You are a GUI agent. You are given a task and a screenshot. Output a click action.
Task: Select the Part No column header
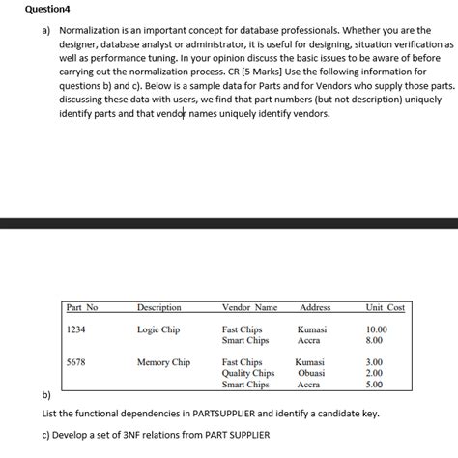click(x=82, y=308)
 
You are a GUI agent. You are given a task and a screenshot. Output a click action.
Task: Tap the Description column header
click(x=158, y=308)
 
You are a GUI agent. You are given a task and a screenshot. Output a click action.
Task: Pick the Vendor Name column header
click(x=249, y=308)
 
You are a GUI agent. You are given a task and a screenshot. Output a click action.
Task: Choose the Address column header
click(x=315, y=308)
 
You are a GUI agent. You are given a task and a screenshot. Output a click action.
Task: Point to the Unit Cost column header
click(x=385, y=308)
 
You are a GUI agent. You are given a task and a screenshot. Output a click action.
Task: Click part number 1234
click(x=76, y=330)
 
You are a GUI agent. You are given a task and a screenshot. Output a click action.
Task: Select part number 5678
click(x=76, y=363)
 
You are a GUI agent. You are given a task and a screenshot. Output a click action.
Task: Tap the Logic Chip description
click(x=158, y=330)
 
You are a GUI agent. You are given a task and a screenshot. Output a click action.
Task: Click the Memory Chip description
click(x=163, y=363)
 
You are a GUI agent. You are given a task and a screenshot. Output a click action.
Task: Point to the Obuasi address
click(x=310, y=374)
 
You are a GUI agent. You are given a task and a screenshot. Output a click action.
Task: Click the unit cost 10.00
click(x=375, y=330)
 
